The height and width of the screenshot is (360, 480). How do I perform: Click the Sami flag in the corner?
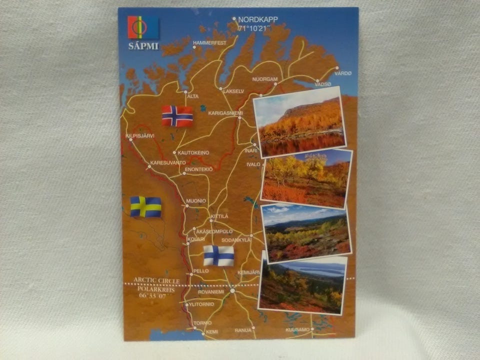pos(142,27)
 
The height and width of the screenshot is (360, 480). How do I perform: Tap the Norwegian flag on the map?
pos(177,115)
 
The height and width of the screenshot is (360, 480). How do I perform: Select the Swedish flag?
pos(146,206)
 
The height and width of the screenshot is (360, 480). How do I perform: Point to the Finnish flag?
pos(218,255)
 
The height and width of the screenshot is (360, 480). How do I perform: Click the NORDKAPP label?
pos(258,19)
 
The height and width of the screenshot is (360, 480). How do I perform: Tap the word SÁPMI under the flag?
pos(143,46)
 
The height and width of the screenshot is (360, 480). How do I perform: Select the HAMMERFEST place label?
pos(209,42)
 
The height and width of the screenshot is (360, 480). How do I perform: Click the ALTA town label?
pos(192,96)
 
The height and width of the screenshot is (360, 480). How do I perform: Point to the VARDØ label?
pos(343,73)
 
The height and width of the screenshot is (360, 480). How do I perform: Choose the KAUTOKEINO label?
pos(193,152)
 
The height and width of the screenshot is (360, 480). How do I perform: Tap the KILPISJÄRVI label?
pos(140,135)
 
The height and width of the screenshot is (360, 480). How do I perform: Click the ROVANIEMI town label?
pos(211,291)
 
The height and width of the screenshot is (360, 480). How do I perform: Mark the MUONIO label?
pos(196,200)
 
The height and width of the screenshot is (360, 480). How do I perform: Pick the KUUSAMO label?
pos(298,329)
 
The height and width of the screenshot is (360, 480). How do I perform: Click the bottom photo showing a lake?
pos(303,285)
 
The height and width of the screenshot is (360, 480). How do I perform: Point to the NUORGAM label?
pos(265,79)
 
